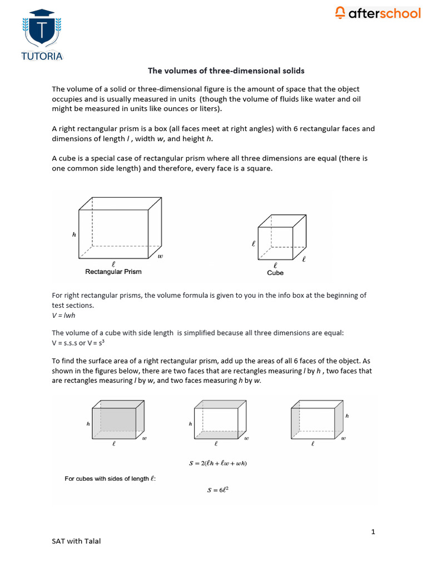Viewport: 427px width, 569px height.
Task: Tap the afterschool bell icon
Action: [340, 13]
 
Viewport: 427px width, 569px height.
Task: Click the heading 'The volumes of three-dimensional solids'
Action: [226, 71]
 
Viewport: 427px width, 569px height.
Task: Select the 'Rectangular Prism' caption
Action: [113, 272]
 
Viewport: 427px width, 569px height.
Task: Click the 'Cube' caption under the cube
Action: [275, 273]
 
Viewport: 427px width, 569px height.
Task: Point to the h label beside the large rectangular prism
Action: [74, 234]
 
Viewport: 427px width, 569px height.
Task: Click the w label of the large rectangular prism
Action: [160, 256]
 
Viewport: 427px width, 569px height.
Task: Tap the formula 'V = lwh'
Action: [64, 315]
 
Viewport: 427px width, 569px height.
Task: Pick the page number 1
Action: [373, 532]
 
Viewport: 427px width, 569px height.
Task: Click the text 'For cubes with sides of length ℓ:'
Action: [110, 478]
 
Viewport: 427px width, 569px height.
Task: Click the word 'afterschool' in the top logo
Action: [384, 13]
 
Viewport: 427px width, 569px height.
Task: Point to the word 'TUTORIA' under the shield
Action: [42, 56]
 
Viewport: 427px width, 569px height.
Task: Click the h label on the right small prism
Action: [347, 415]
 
